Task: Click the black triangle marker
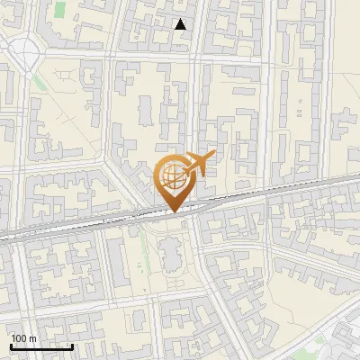point(181,25)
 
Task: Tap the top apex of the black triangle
point(181,20)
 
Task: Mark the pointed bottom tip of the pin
point(173,212)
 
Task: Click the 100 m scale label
point(23,339)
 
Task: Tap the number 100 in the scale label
point(20,339)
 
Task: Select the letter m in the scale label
point(32,339)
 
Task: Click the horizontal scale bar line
point(41,346)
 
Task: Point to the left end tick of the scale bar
point(11,345)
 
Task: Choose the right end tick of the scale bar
point(73,345)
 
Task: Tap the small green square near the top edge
point(60,9)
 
